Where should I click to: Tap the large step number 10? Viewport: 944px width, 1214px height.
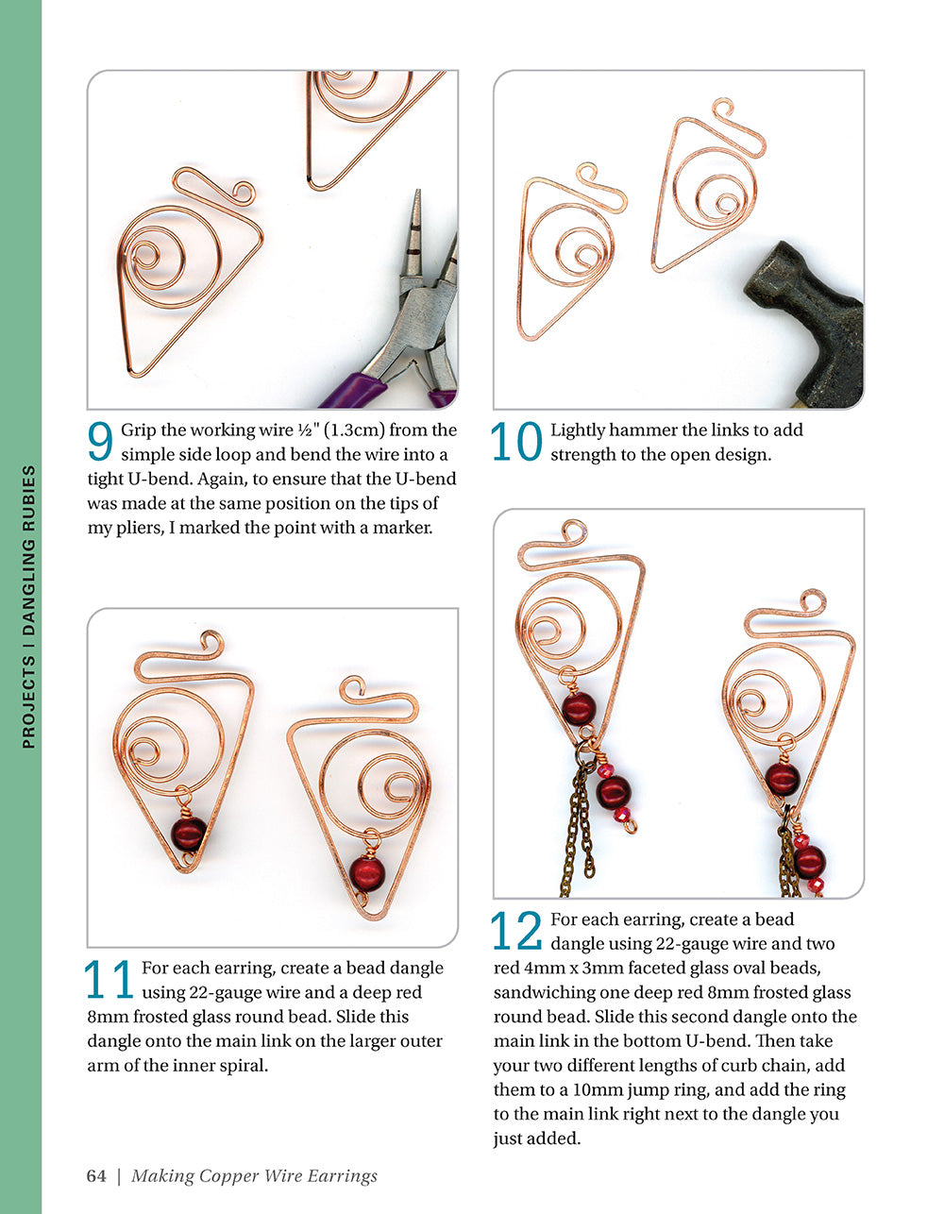(517, 442)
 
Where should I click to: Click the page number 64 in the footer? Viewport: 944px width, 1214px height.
(96, 1175)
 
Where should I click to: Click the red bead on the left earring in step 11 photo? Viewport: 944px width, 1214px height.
(189, 834)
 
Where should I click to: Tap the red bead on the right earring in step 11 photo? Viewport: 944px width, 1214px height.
(368, 872)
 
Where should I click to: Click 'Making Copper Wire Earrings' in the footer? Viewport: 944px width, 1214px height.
(254, 1175)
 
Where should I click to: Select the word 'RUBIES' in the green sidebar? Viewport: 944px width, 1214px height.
(28, 504)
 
